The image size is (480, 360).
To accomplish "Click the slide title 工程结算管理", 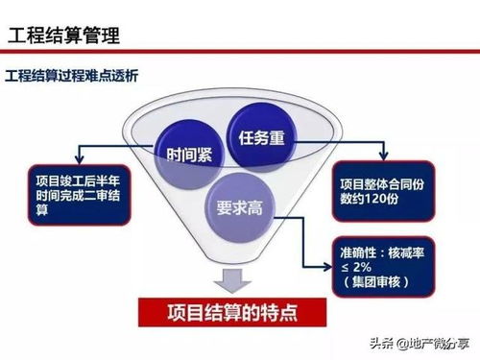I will [64, 36].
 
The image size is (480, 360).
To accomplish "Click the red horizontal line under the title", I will [240, 54].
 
